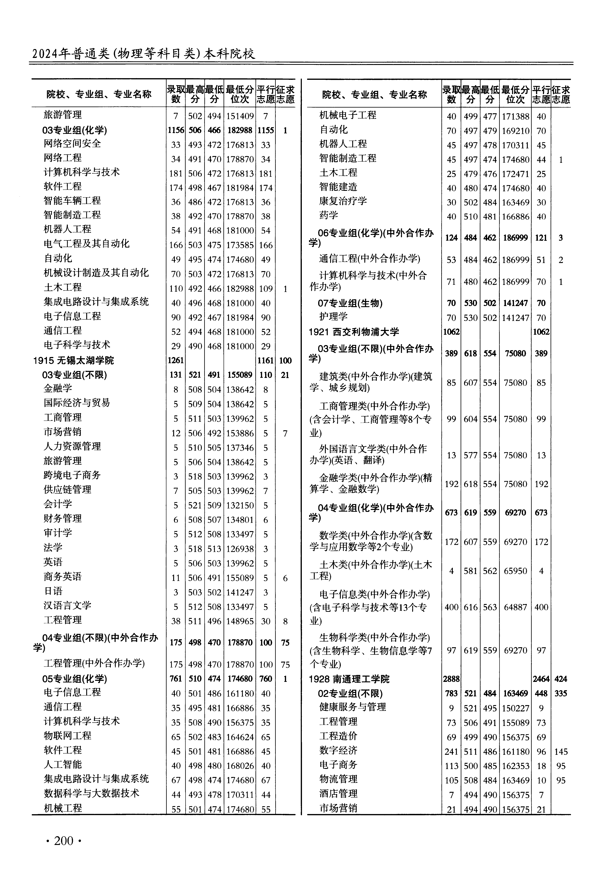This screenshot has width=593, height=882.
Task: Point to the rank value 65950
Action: pyautogui.click(x=515, y=571)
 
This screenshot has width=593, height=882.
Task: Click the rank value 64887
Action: pyautogui.click(x=515, y=607)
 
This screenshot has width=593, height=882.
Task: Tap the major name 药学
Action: pyautogui.click(x=328, y=216)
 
